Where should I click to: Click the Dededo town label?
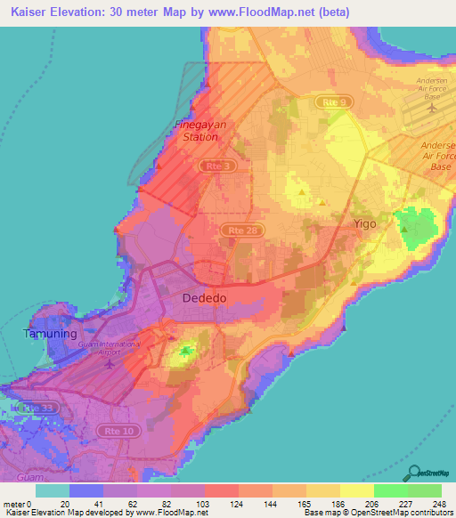click(x=206, y=298)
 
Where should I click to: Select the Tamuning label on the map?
click(x=45, y=334)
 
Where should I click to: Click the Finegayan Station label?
click(x=199, y=132)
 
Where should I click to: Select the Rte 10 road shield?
click(x=108, y=432)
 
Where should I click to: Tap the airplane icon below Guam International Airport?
click(x=110, y=363)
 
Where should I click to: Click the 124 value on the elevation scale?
click(x=237, y=503)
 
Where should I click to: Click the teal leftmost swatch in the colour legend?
click(x=53, y=490)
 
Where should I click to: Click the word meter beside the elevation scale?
click(x=13, y=503)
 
